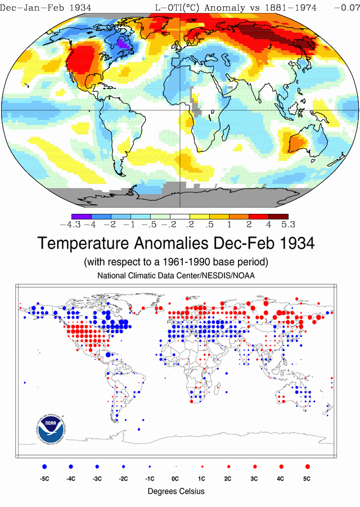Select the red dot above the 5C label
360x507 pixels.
[x=307, y=466]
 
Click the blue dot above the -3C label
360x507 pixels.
[x=97, y=466]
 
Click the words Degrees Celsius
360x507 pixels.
[x=175, y=491]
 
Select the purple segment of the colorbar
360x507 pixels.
[x=82, y=217]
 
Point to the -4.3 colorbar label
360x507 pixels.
[x=70, y=225]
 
